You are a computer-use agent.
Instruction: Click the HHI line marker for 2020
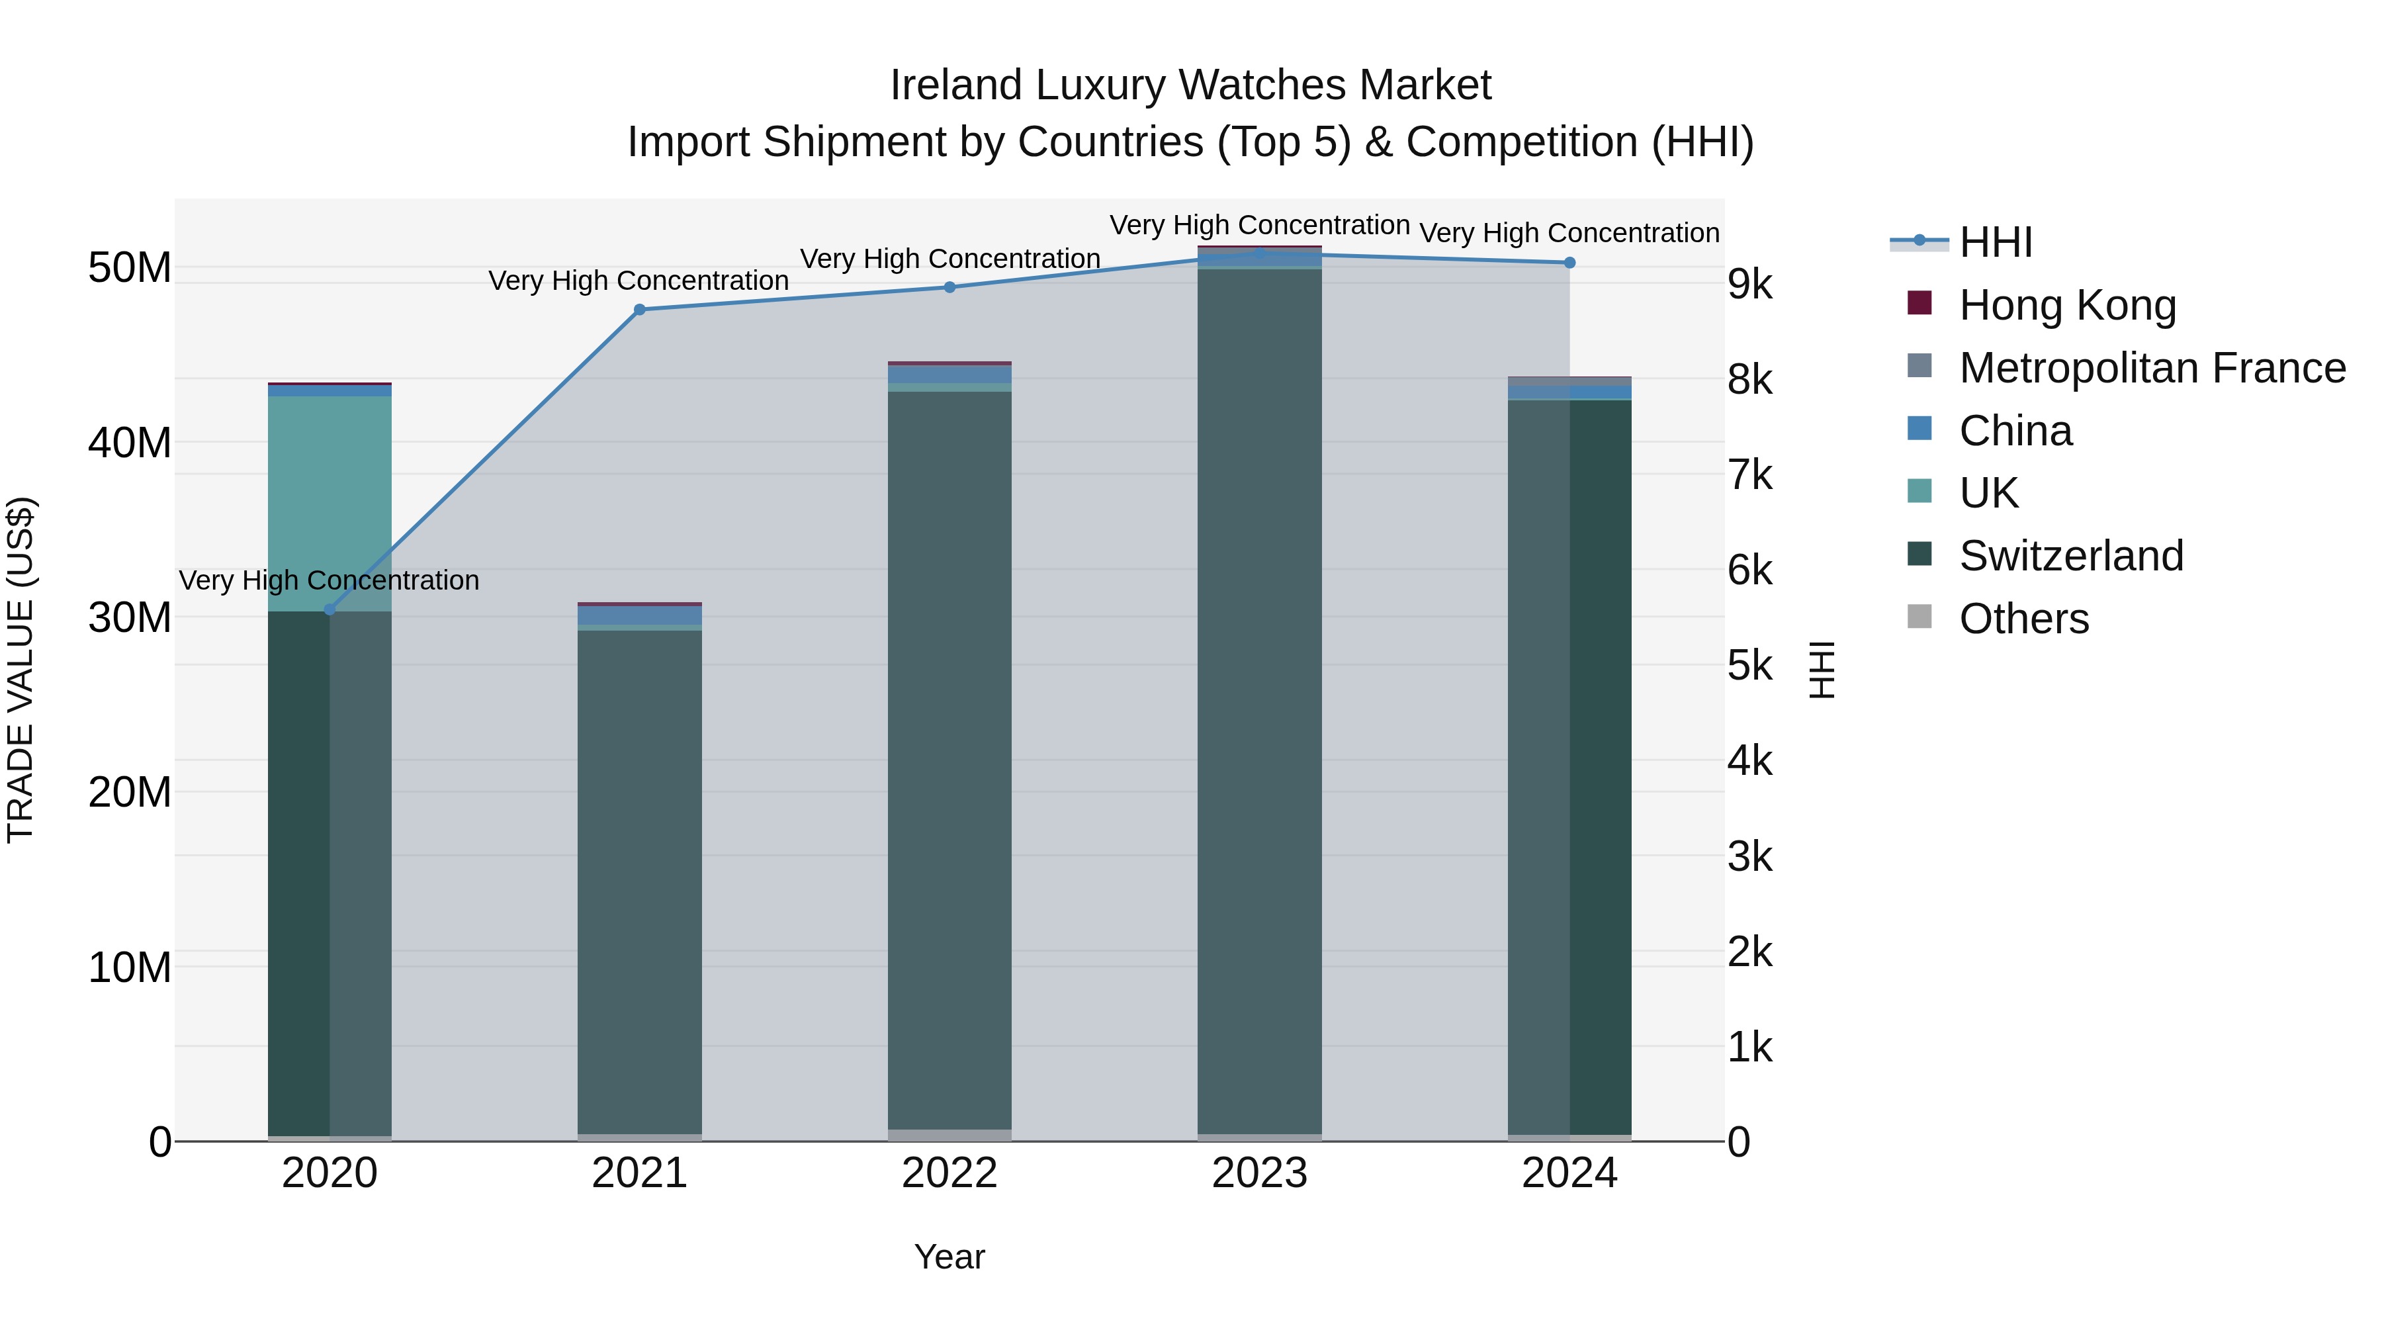[330, 609]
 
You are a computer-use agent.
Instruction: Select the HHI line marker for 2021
[639, 310]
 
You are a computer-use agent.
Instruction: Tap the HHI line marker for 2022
[949, 288]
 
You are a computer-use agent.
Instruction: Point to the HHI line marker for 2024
[1569, 263]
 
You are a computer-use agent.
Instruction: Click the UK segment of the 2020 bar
[330, 504]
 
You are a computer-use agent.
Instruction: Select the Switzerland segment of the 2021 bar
[639, 879]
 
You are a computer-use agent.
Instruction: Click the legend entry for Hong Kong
[2066, 305]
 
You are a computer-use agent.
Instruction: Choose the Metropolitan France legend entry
[2151, 368]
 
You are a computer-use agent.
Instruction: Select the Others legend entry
[2023, 619]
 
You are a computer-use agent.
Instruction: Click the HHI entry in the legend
[1994, 242]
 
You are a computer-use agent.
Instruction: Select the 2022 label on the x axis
[949, 1173]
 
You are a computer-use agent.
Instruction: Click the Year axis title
[949, 1257]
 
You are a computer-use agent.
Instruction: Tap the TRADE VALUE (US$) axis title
[21, 670]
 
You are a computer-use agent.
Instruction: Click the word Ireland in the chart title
[956, 85]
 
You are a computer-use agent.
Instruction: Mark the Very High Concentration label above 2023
[1259, 225]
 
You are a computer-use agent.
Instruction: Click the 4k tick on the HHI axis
[1749, 761]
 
